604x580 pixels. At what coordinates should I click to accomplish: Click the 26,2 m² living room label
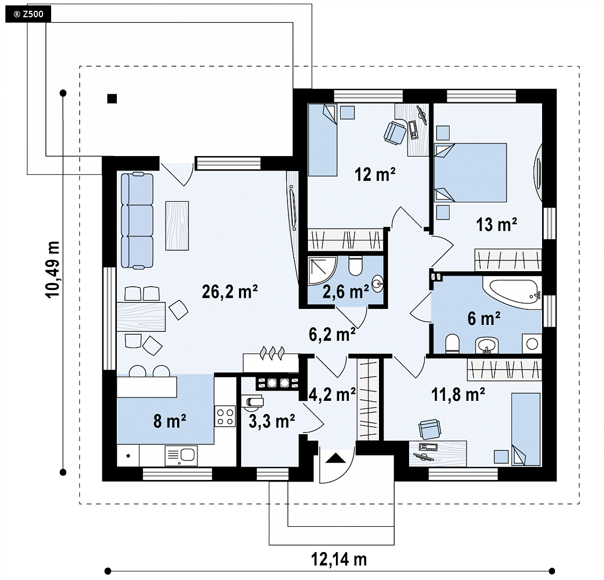click(229, 292)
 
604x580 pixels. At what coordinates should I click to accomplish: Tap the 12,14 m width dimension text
click(339, 559)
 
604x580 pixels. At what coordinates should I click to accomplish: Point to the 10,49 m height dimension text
click(53, 270)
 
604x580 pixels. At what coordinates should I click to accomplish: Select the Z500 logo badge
click(28, 14)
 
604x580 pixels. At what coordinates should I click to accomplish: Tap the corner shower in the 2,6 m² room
click(323, 271)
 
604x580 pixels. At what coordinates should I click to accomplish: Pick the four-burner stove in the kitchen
click(226, 416)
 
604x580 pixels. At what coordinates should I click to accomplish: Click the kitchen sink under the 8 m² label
click(181, 456)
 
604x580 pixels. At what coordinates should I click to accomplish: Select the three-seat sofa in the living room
click(137, 221)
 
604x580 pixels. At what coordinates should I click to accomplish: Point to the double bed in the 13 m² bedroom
click(470, 172)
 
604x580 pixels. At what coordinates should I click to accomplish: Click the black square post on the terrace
click(112, 98)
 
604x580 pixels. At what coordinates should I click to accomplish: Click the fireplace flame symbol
click(273, 353)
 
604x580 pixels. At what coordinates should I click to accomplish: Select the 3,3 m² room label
click(272, 421)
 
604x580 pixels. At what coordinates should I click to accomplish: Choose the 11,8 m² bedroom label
click(458, 394)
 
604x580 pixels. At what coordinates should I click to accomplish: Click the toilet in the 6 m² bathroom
click(452, 344)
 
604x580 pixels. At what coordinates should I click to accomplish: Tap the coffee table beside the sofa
click(177, 225)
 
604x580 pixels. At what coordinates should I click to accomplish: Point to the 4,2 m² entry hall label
click(332, 394)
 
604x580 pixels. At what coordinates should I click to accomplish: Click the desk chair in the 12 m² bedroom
click(395, 133)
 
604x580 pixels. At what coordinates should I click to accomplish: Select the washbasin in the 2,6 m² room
click(377, 284)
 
